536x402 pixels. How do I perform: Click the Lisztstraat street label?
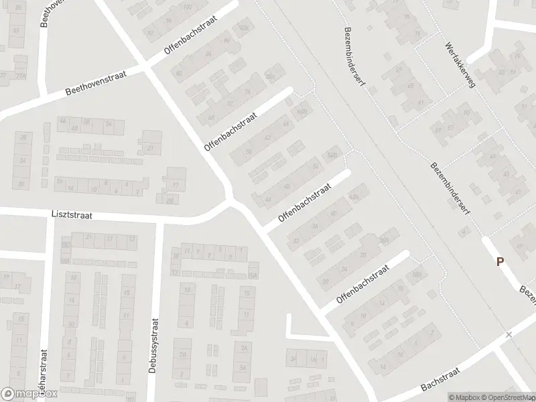coord(70,216)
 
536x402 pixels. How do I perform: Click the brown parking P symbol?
coord(500,262)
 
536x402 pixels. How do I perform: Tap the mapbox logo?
coord(29,395)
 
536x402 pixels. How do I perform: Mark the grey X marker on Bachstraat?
coord(509,334)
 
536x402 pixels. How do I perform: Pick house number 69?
coord(399,69)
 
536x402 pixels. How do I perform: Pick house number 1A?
coord(313,360)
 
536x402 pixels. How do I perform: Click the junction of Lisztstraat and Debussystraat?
coord(158,219)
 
